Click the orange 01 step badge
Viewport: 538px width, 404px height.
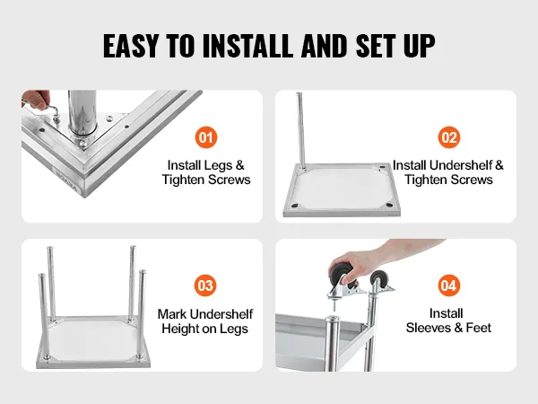point(206,137)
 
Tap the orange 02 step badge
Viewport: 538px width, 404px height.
point(449,137)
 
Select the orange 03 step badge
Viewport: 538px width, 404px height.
point(205,285)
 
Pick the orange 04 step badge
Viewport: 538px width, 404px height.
point(449,285)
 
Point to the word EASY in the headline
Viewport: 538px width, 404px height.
point(131,46)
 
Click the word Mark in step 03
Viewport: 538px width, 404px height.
point(172,314)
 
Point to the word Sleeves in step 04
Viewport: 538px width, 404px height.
point(428,328)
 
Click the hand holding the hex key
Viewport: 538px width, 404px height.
point(35,100)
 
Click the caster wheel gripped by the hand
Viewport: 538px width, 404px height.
point(339,275)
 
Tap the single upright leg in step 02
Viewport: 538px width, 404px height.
point(301,131)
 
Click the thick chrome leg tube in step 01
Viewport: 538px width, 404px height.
point(82,112)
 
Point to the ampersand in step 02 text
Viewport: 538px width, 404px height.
point(499,165)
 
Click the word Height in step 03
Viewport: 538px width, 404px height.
point(180,329)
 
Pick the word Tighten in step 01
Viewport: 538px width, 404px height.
point(184,180)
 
